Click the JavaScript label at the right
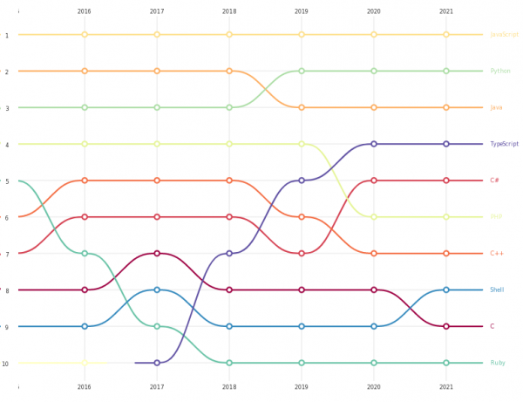click(x=504, y=35)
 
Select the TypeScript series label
click(x=504, y=144)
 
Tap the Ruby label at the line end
click(x=497, y=363)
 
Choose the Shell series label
click(x=497, y=290)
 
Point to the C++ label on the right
click(x=497, y=254)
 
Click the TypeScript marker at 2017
click(x=157, y=363)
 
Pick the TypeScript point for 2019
click(x=302, y=181)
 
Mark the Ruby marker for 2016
click(x=85, y=254)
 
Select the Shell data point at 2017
click(x=157, y=290)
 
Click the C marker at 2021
click(x=446, y=326)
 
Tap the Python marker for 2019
click(x=302, y=71)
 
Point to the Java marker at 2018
click(x=229, y=71)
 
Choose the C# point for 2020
click(x=374, y=181)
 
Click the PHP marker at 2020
click(x=374, y=217)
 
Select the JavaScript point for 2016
click(x=85, y=35)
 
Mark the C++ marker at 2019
click(x=302, y=217)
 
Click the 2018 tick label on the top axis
click(x=229, y=11)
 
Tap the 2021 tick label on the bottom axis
click(x=446, y=386)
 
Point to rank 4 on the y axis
click(x=7, y=145)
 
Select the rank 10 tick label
click(x=6, y=364)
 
